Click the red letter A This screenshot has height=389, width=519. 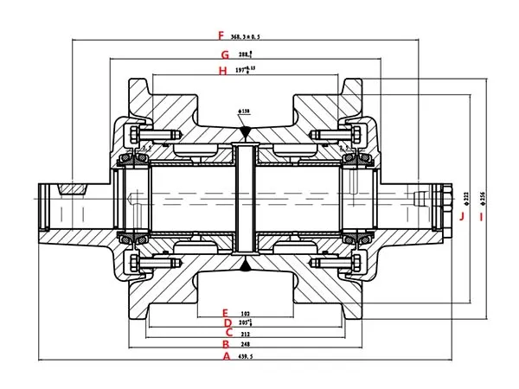(x=226, y=354)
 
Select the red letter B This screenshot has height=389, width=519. (x=226, y=343)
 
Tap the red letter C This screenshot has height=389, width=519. (x=227, y=332)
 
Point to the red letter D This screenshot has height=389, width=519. (x=226, y=322)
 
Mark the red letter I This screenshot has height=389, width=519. (x=481, y=214)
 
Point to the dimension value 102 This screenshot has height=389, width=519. (x=246, y=311)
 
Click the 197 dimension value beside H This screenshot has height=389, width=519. (x=247, y=69)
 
